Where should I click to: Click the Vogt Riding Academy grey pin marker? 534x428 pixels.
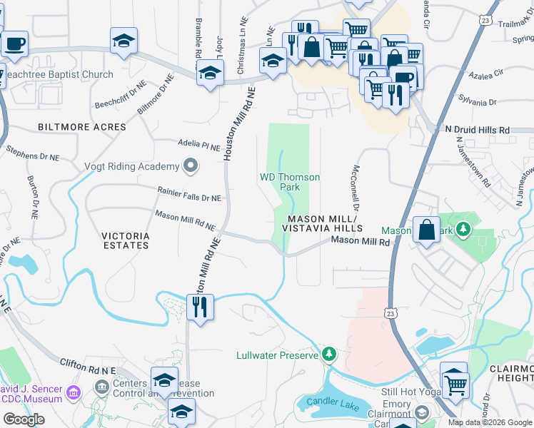[x=190, y=167]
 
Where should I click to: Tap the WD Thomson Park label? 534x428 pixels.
[x=289, y=182]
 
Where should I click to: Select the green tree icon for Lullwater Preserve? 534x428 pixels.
[x=328, y=354]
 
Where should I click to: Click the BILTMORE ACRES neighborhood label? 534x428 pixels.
[x=82, y=127]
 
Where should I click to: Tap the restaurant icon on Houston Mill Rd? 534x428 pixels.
[x=199, y=307]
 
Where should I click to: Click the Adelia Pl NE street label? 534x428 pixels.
[x=198, y=146]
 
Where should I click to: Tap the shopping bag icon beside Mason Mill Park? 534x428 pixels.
[x=426, y=230]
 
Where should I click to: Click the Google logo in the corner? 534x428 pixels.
[x=24, y=419]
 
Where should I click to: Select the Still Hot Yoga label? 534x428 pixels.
[x=409, y=392]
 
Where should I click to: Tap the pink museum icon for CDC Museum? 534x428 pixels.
[x=73, y=392]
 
